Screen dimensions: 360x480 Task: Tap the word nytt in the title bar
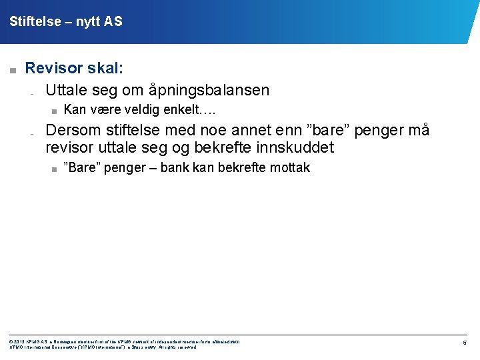[88, 22]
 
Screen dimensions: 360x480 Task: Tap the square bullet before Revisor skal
[11, 69]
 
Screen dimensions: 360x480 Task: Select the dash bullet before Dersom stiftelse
[31, 133]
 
